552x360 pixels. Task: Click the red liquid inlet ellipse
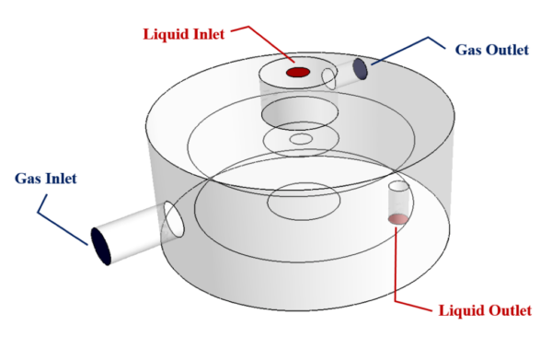[297, 72]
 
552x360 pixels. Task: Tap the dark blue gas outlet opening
[361, 69]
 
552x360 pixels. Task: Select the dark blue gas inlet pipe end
[101, 246]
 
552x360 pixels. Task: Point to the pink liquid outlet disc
[397, 218]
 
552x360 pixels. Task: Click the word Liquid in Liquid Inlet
[168, 35]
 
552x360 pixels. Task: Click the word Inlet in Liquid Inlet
[212, 35]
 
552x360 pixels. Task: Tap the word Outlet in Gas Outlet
[506, 49]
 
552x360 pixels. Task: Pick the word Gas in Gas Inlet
[30, 178]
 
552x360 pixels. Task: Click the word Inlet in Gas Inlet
[62, 178]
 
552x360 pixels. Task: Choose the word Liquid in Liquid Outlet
[463, 310]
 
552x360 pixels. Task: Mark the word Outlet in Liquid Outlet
[510, 310]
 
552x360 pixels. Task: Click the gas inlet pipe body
[133, 231]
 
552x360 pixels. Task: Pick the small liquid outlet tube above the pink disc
[397, 199]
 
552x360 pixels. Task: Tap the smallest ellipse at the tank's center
[301, 140]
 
